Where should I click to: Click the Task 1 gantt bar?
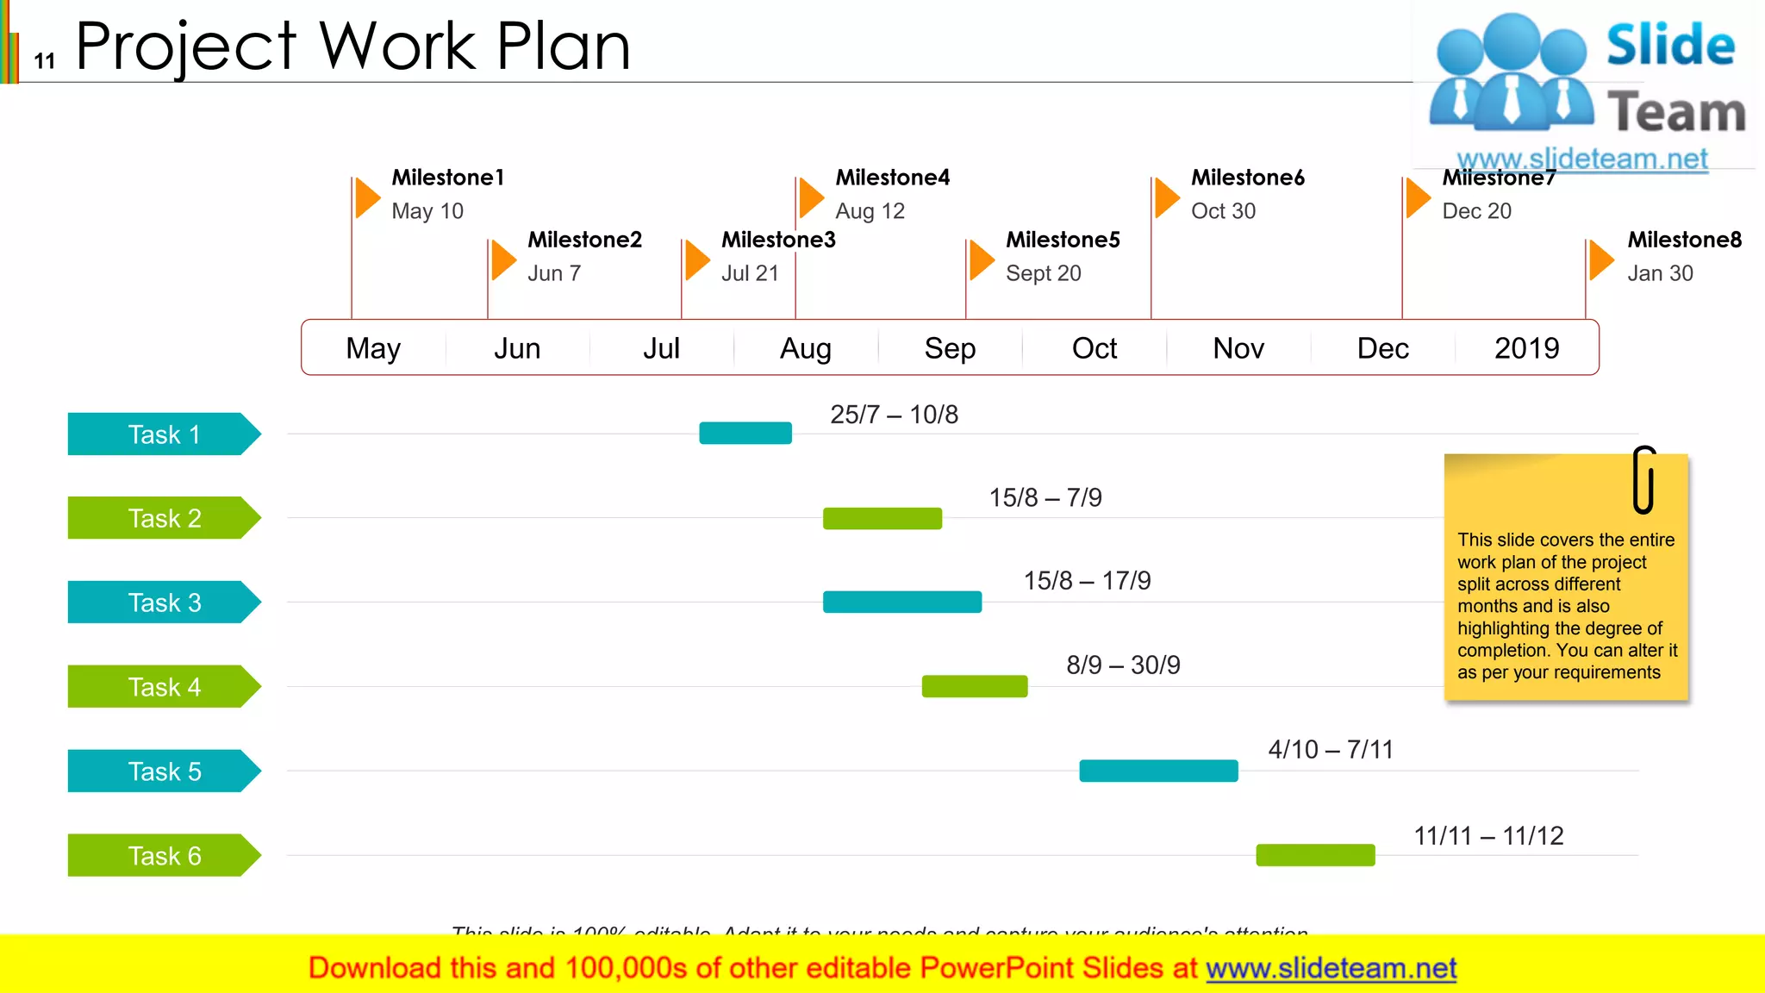[x=745, y=433]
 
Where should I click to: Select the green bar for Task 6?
[x=1315, y=855]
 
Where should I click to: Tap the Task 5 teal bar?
[x=1158, y=771]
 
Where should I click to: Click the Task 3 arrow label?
[x=164, y=603]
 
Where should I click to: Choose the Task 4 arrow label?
[x=164, y=687]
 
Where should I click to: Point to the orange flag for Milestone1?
[x=367, y=197]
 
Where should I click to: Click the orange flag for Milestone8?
[x=1600, y=259]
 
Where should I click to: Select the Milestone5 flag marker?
[x=981, y=259]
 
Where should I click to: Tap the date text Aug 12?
[x=870, y=211]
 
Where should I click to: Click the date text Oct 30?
[x=1223, y=211]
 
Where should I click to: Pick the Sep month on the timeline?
[x=950, y=348]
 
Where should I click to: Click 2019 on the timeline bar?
[x=1526, y=348]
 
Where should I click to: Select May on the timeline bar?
[x=373, y=348]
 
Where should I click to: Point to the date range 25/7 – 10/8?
[x=894, y=415]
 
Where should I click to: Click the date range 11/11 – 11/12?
[x=1488, y=835]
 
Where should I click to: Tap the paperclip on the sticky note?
[x=1643, y=479]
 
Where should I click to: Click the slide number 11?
[x=45, y=60]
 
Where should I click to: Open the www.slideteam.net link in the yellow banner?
[x=1331, y=968]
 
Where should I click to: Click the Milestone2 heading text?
[x=584, y=240]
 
